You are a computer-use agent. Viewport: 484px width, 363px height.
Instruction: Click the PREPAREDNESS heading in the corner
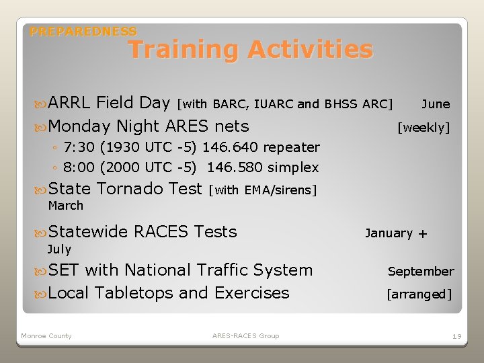pos(83,32)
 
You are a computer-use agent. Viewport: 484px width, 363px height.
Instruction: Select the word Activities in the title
pos(309,49)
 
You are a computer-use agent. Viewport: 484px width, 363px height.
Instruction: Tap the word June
pos(436,104)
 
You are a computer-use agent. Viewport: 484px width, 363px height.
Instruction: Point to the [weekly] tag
pos(424,127)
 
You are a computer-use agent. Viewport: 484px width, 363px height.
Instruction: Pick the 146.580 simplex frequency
pos(235,167)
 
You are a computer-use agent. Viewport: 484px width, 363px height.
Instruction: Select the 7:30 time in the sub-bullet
pos(76,147)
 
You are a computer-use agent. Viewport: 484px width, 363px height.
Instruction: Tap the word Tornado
pos(128,189)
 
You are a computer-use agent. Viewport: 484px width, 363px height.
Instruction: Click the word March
pos(66,206)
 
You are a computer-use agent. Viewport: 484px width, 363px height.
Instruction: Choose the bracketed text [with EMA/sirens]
pos(263,190)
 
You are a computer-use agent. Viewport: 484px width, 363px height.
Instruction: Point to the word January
pos(389,233)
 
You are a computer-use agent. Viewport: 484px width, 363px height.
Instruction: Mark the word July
pos(59,249)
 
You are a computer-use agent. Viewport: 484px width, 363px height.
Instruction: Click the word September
pos(421,272)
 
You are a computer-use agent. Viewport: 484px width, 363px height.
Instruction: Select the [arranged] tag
pos(419,294)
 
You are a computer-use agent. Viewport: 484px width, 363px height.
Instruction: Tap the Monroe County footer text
pos(46,335)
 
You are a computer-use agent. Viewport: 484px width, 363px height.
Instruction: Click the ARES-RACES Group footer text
pos(245,335)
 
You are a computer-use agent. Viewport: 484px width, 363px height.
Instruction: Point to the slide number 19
pos(456,335)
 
